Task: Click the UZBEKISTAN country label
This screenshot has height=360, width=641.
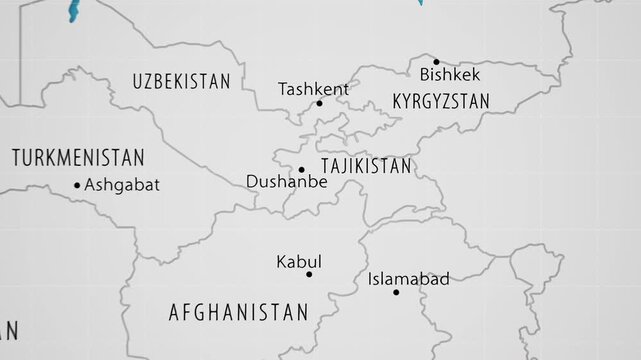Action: pyautogui.click(x=181, y=81)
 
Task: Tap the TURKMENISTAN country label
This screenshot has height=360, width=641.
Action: pyautogui.click(x=78, y=157)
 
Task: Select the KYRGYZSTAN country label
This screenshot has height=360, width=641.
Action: pyautogui.click(x=441, y=102)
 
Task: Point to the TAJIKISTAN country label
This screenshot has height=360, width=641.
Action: pyautogui.click(x=365, y=165)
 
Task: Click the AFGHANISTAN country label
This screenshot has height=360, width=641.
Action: pyautogui.click(x=238, y=312)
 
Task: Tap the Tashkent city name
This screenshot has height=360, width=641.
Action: pyautogui.click(x=313, y=89)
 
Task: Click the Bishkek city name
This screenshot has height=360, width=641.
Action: pyautogui.click(x=450, y=74)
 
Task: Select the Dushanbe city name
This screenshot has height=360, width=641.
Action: pyautogui.click(x=286, y=183)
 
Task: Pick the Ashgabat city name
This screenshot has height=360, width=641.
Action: pyautogui.click(x=121, y=184)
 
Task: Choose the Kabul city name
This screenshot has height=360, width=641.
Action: pyautogui.click(x=299, y=261)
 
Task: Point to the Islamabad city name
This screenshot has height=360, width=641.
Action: pyautogui.click(x=409, y=279)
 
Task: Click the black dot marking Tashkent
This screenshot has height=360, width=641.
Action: pyautogui.click(x=320, y=103)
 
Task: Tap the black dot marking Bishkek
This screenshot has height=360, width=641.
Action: pyautogui.click(x=435, y=61)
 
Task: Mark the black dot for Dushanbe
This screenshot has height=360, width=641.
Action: pyautogui.click(x=301, y=170)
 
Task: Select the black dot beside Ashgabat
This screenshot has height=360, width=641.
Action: pyautogui.click(x=77, y=184)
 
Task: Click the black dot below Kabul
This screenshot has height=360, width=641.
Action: pyautogui.click(x=309, y=274)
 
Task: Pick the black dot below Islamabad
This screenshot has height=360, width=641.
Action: pyautogui.click(x=396, y=292)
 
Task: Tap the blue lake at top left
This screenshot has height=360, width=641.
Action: pyautogui.click(x=71, y=12)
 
